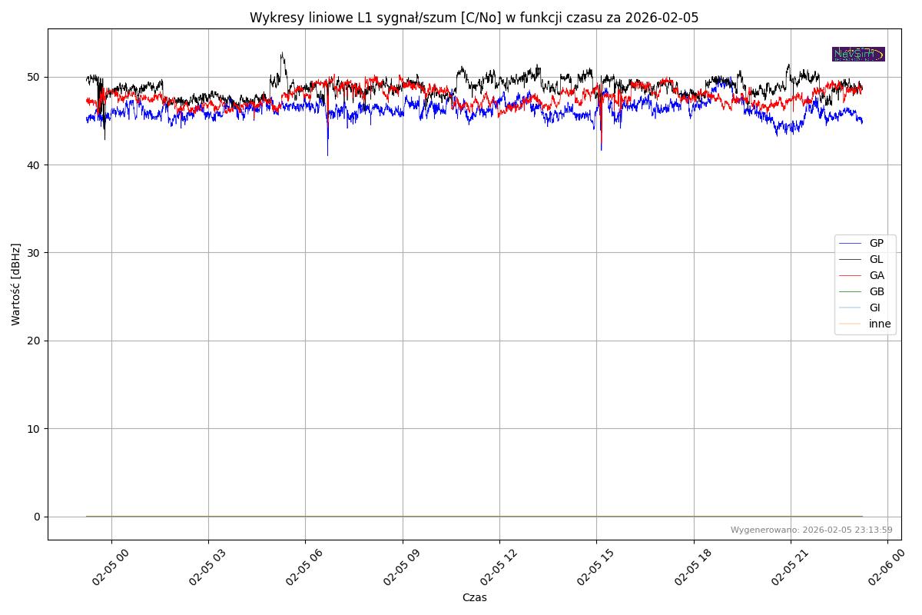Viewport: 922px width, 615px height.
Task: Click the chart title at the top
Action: click(474, 18)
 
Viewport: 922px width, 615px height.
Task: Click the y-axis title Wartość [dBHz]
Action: click(16, 284)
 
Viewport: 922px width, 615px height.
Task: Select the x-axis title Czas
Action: click(474, 597)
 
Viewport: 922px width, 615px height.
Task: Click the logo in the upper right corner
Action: click(858, 54)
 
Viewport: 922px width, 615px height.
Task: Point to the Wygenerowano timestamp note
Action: click(811, 530)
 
